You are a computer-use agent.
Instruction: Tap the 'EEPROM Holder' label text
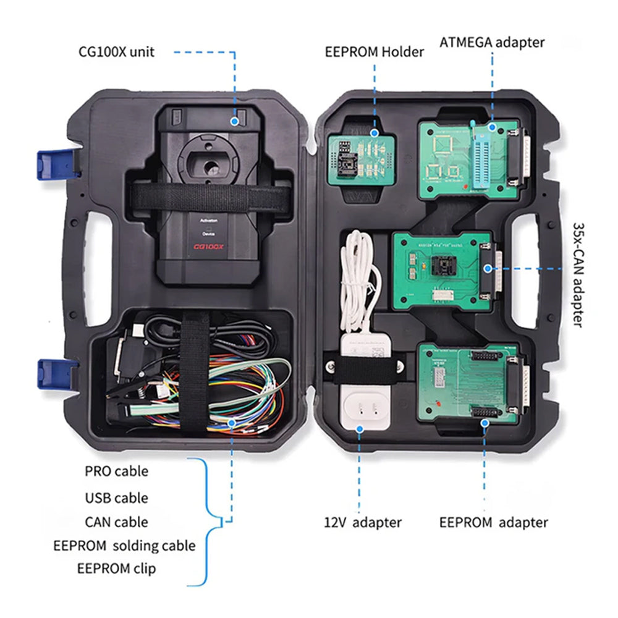(375, 51)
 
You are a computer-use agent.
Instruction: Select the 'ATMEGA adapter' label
(492, 42)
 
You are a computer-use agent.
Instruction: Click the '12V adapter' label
(363, 522)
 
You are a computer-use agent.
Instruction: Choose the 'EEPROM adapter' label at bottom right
(493, 522)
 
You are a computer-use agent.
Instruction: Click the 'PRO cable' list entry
(116, 471)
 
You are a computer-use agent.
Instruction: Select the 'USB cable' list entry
(116, 497)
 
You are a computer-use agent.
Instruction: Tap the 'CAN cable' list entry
(116, 522)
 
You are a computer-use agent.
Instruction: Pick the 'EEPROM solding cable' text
(124, 546)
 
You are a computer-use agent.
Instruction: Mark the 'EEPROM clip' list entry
(116, 569)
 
